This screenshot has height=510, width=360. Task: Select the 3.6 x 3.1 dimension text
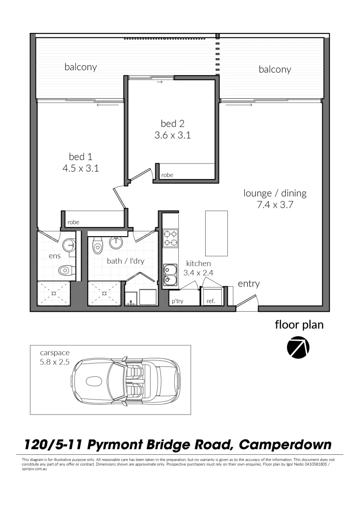tap(172, 135)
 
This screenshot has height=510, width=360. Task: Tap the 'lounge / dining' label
tap(275, 193)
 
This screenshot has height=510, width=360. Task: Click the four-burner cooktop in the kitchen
tap(170, 238)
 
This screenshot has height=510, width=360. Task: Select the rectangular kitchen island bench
tap(217, 233)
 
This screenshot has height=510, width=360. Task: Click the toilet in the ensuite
tap(65, 271)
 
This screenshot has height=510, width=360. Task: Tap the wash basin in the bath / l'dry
tap(116, 243)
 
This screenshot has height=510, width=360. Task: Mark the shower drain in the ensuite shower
tap(53, 293)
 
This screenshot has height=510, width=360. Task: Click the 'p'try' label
tap(177, 301)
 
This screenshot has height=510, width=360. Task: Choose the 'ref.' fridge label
tap(210, 301)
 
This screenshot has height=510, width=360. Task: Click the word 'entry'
tap(249, 284)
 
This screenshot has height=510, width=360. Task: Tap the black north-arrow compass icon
tap(298, 348)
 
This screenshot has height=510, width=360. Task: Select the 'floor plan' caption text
tap(299, 325)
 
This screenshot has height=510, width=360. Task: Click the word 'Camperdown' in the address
tap(285, 444)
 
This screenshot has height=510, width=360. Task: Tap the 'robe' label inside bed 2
tap(167, 175)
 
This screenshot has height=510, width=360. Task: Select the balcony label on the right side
tap(275, 69)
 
